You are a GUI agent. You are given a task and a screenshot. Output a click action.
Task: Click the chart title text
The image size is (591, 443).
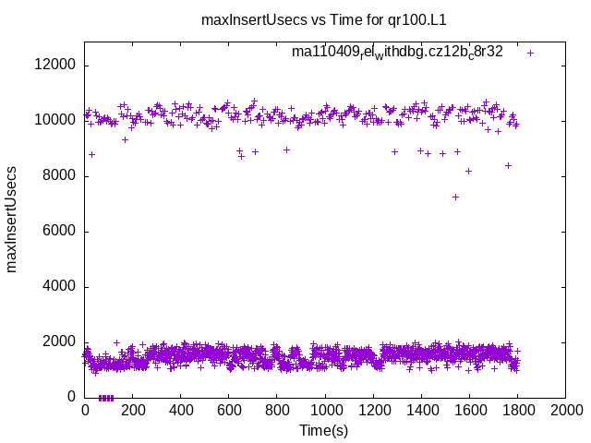click(330, 18)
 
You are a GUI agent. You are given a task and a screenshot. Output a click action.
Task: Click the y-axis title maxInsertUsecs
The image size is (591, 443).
click(12, 219)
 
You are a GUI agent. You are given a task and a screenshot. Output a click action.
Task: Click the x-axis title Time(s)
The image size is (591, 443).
click(324, 430)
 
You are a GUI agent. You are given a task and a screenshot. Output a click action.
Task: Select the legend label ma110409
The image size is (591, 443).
click(397, 52)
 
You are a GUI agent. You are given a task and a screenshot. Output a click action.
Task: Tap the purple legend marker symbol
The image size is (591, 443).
click(530, 53)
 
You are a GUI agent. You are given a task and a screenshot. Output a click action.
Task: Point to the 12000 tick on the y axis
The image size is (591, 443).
click(56, 66)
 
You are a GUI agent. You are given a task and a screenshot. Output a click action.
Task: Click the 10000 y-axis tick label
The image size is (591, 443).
click(56, 120)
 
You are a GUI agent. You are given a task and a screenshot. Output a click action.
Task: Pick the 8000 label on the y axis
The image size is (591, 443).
click(60, 175)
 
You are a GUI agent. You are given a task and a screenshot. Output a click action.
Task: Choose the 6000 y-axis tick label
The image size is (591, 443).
click(60, 231)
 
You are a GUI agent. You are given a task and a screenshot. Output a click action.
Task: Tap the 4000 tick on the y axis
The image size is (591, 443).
click(60, 286)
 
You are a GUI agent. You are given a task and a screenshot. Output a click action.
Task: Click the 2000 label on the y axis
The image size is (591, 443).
click(60, 341)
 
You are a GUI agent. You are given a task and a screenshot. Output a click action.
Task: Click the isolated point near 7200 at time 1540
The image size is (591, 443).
click(455, 197)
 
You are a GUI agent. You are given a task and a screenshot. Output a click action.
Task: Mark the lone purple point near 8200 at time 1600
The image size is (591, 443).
click(468, 171)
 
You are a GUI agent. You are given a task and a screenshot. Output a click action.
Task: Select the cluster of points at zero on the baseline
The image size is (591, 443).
click(105, 398)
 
